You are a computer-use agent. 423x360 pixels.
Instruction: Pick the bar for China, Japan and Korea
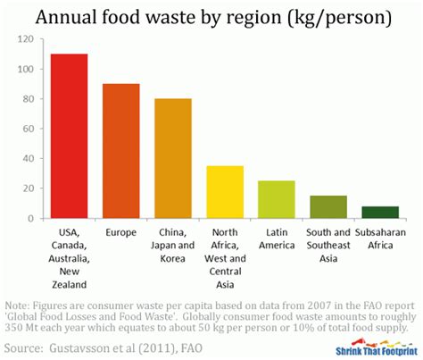[x=173, y=158]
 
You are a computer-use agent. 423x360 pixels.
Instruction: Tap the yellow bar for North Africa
[x=225, y=191]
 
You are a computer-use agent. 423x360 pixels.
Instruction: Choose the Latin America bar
[x=277, y=199]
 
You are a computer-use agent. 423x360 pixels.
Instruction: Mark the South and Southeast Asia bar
[x=328, y=206]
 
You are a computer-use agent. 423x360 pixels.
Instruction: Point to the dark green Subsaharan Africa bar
[x=379, y=212]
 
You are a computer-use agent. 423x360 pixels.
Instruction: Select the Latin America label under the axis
[x=277, y=240]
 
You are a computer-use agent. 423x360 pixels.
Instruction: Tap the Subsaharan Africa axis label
[x=379, y=240]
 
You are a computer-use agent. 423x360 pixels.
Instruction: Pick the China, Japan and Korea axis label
[x=173, y=247]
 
